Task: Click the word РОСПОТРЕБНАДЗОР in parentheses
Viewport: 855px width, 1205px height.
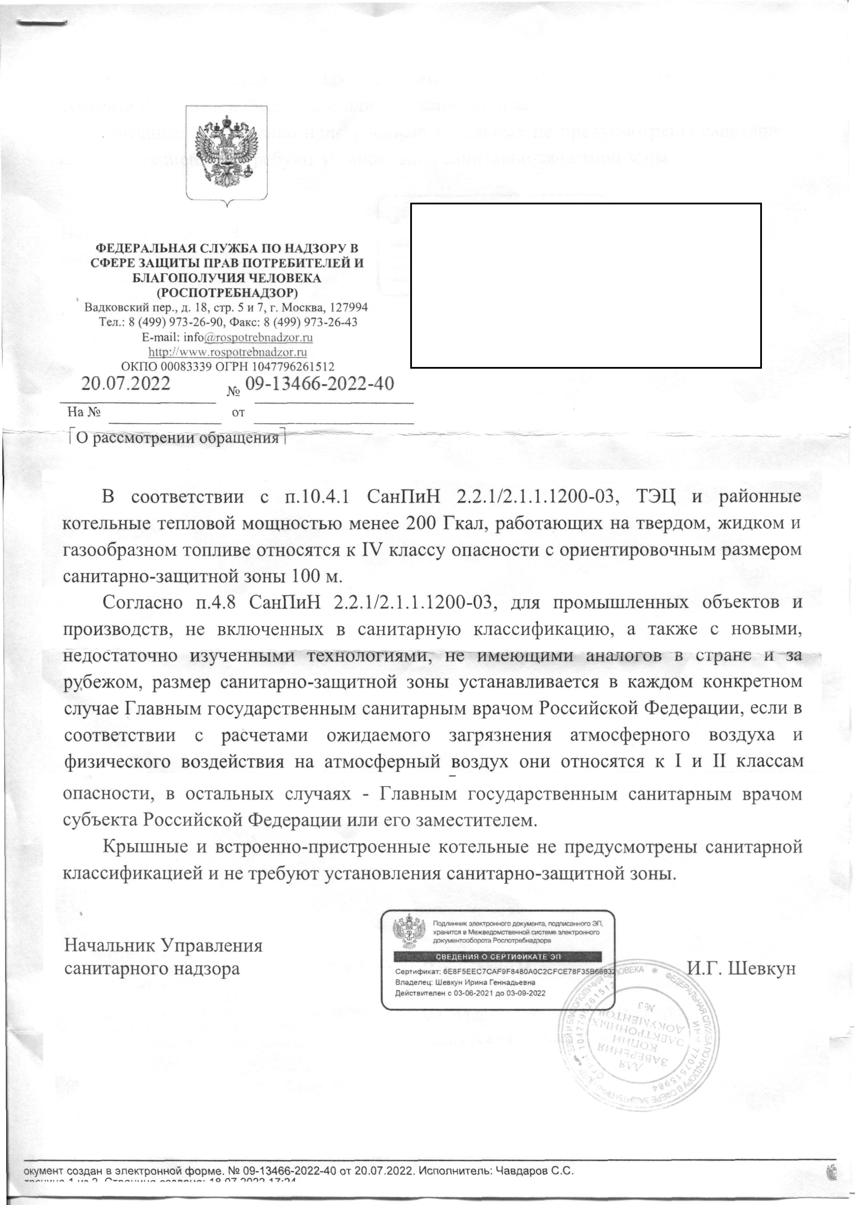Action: (x=228, y=292)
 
